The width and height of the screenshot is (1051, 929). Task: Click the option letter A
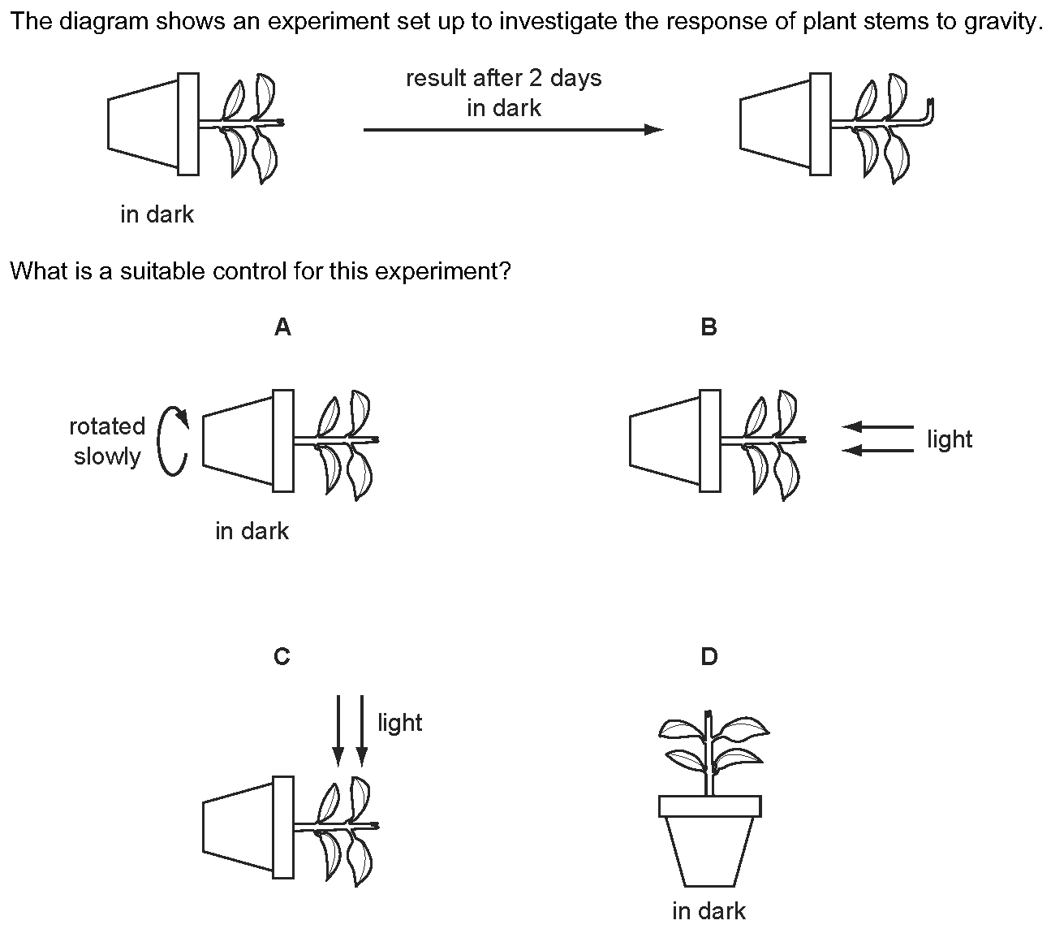point(282,327)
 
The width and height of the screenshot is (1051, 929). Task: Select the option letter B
point(709,327)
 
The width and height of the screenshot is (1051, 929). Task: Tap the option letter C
point(282,656)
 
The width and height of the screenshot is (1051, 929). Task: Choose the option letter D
point(709,656)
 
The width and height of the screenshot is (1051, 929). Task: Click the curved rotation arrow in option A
point(159,441)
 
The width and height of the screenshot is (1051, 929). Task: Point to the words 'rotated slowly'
point(107,441)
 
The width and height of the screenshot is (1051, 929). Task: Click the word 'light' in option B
point(950,439)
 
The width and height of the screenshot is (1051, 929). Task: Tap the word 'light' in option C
point(399,723)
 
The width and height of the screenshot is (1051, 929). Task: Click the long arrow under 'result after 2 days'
point(514,129)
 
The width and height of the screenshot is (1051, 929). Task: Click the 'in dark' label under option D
point(709,911)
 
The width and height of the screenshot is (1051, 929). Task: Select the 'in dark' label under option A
point(252,531)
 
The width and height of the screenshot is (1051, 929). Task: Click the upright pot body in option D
point(709,851)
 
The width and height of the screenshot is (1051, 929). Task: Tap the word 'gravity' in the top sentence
point(1000,22)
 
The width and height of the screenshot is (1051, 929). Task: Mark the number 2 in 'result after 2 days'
point(536,79)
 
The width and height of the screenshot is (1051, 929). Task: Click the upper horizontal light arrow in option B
point(877,427)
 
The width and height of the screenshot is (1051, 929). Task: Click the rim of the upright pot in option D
point(709,806)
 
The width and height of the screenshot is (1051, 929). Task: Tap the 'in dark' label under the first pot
point(157,214)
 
